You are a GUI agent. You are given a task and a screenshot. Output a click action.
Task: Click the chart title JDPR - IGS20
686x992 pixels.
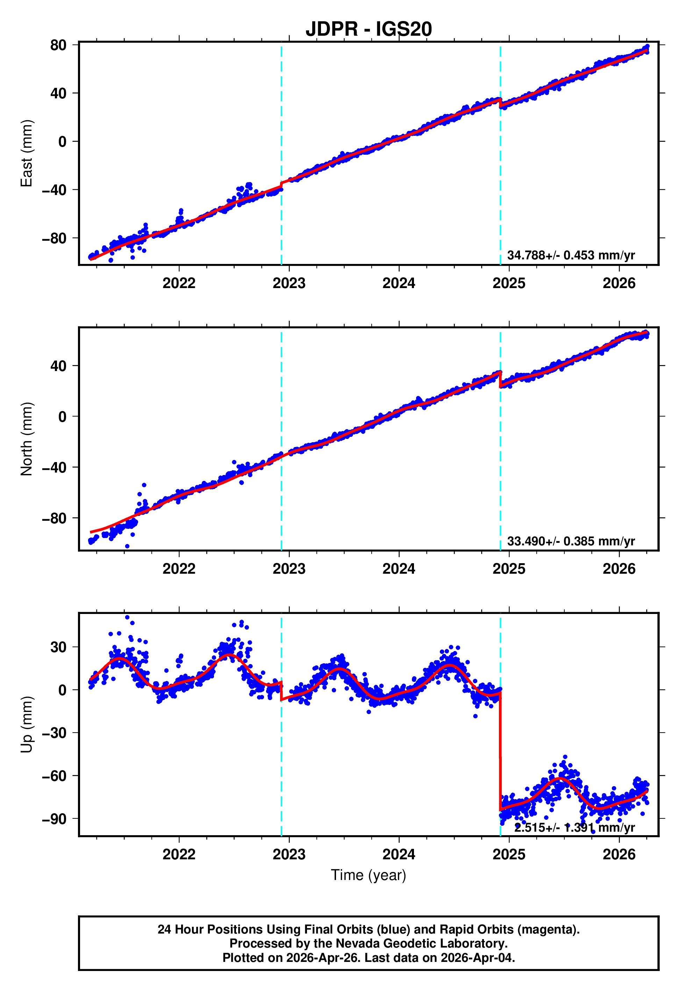pos(369,29)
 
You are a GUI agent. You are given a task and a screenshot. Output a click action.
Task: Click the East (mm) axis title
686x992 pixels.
pos(27,153)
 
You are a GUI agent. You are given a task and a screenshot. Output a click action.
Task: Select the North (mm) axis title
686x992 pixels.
pos(27,439)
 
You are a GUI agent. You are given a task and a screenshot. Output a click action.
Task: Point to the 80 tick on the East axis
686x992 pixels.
pos(58,45)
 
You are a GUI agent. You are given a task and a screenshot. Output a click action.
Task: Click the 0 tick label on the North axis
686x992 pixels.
pos(62,417)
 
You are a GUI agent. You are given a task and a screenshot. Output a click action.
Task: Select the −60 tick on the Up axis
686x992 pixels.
pos(54,776)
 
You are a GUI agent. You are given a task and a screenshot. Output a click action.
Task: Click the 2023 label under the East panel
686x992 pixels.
pos(289,283)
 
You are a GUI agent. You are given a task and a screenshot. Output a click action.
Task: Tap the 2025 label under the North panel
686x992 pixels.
pos(509,569)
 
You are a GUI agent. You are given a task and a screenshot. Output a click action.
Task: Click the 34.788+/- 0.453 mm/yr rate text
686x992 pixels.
pos(571,255)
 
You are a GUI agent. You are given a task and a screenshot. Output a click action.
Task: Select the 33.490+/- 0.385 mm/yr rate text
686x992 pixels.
pos(571,541)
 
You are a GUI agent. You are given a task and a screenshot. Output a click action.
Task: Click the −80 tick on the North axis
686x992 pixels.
pos(54,518)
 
